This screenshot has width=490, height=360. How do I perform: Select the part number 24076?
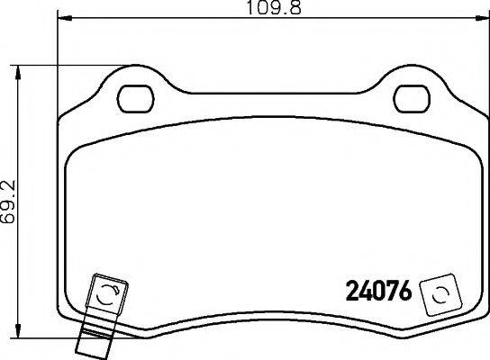379,292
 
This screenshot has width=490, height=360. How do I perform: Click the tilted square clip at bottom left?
105,293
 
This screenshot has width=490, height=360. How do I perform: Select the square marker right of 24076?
440,293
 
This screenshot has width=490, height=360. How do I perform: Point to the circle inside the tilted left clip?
105,293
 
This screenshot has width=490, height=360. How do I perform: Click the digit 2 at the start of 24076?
353,292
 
